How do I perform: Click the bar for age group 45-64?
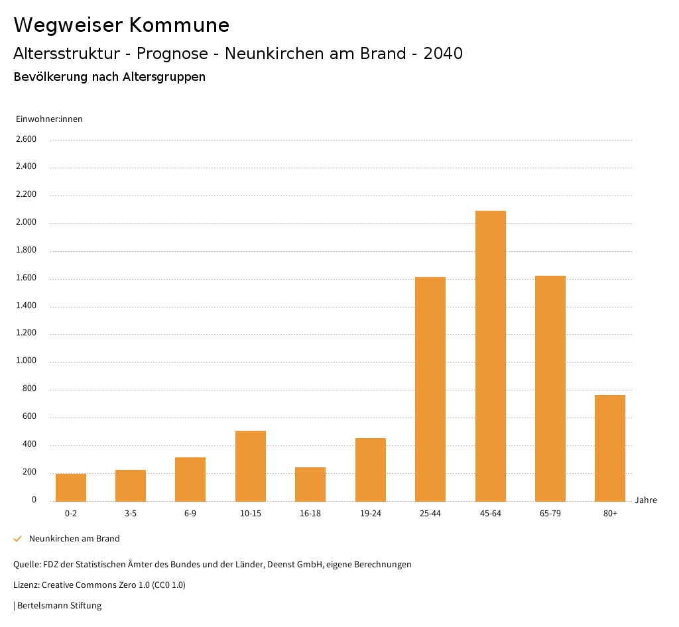click(x=490, y=356)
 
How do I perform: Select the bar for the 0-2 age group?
click(x=71, y=487)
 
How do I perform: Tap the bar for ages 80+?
click(x=610, y=448)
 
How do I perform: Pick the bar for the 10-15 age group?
click(x=251, y=466)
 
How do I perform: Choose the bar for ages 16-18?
click(x=310, y=484)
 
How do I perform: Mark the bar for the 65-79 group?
click(x=550, y=388)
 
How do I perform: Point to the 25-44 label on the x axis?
click(x=430, y=514)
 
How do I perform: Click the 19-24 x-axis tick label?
click(x=370, y=514)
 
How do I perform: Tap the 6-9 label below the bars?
click(x=190, y=514)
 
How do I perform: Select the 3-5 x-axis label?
click(x=131, y=514)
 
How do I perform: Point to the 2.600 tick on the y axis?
click(x=26, y=139)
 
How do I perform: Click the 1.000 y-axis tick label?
click(x=26, y=361)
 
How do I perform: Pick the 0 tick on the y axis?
click(x=34, y=500)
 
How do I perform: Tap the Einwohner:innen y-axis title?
click(x=49, y=119)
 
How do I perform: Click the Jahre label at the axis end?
click(x=646, y=500)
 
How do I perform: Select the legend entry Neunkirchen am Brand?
click(x=74, y=539)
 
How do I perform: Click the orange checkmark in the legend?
click(x=18, y=539)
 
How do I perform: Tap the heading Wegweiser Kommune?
click(x=121, y=25)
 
